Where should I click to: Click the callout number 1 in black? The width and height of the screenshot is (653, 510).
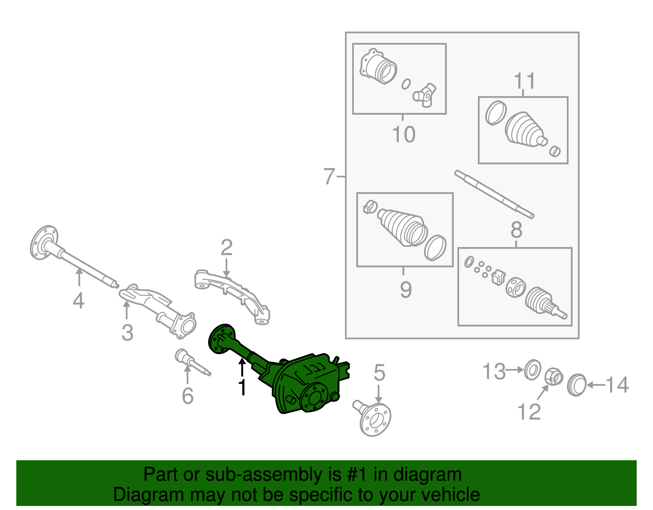pos(242,387)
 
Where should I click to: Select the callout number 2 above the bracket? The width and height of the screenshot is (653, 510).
pos(227,248)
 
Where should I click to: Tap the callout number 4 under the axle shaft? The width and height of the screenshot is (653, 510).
pos(78,301)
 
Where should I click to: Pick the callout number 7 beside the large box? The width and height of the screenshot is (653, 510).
pos(329,177)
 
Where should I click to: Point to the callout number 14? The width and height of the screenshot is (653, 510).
pos(617,385)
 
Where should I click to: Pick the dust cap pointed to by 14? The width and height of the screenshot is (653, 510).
pos(577,384)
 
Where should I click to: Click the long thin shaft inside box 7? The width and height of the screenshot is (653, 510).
pos(494,194)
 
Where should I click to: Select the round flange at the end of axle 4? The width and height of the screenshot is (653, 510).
pos(44,242)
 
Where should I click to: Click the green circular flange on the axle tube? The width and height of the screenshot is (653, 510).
pos(221,338)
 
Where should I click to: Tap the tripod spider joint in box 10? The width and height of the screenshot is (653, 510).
pos(425,95)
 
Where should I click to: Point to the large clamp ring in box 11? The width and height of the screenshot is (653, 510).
pos(496,113)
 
